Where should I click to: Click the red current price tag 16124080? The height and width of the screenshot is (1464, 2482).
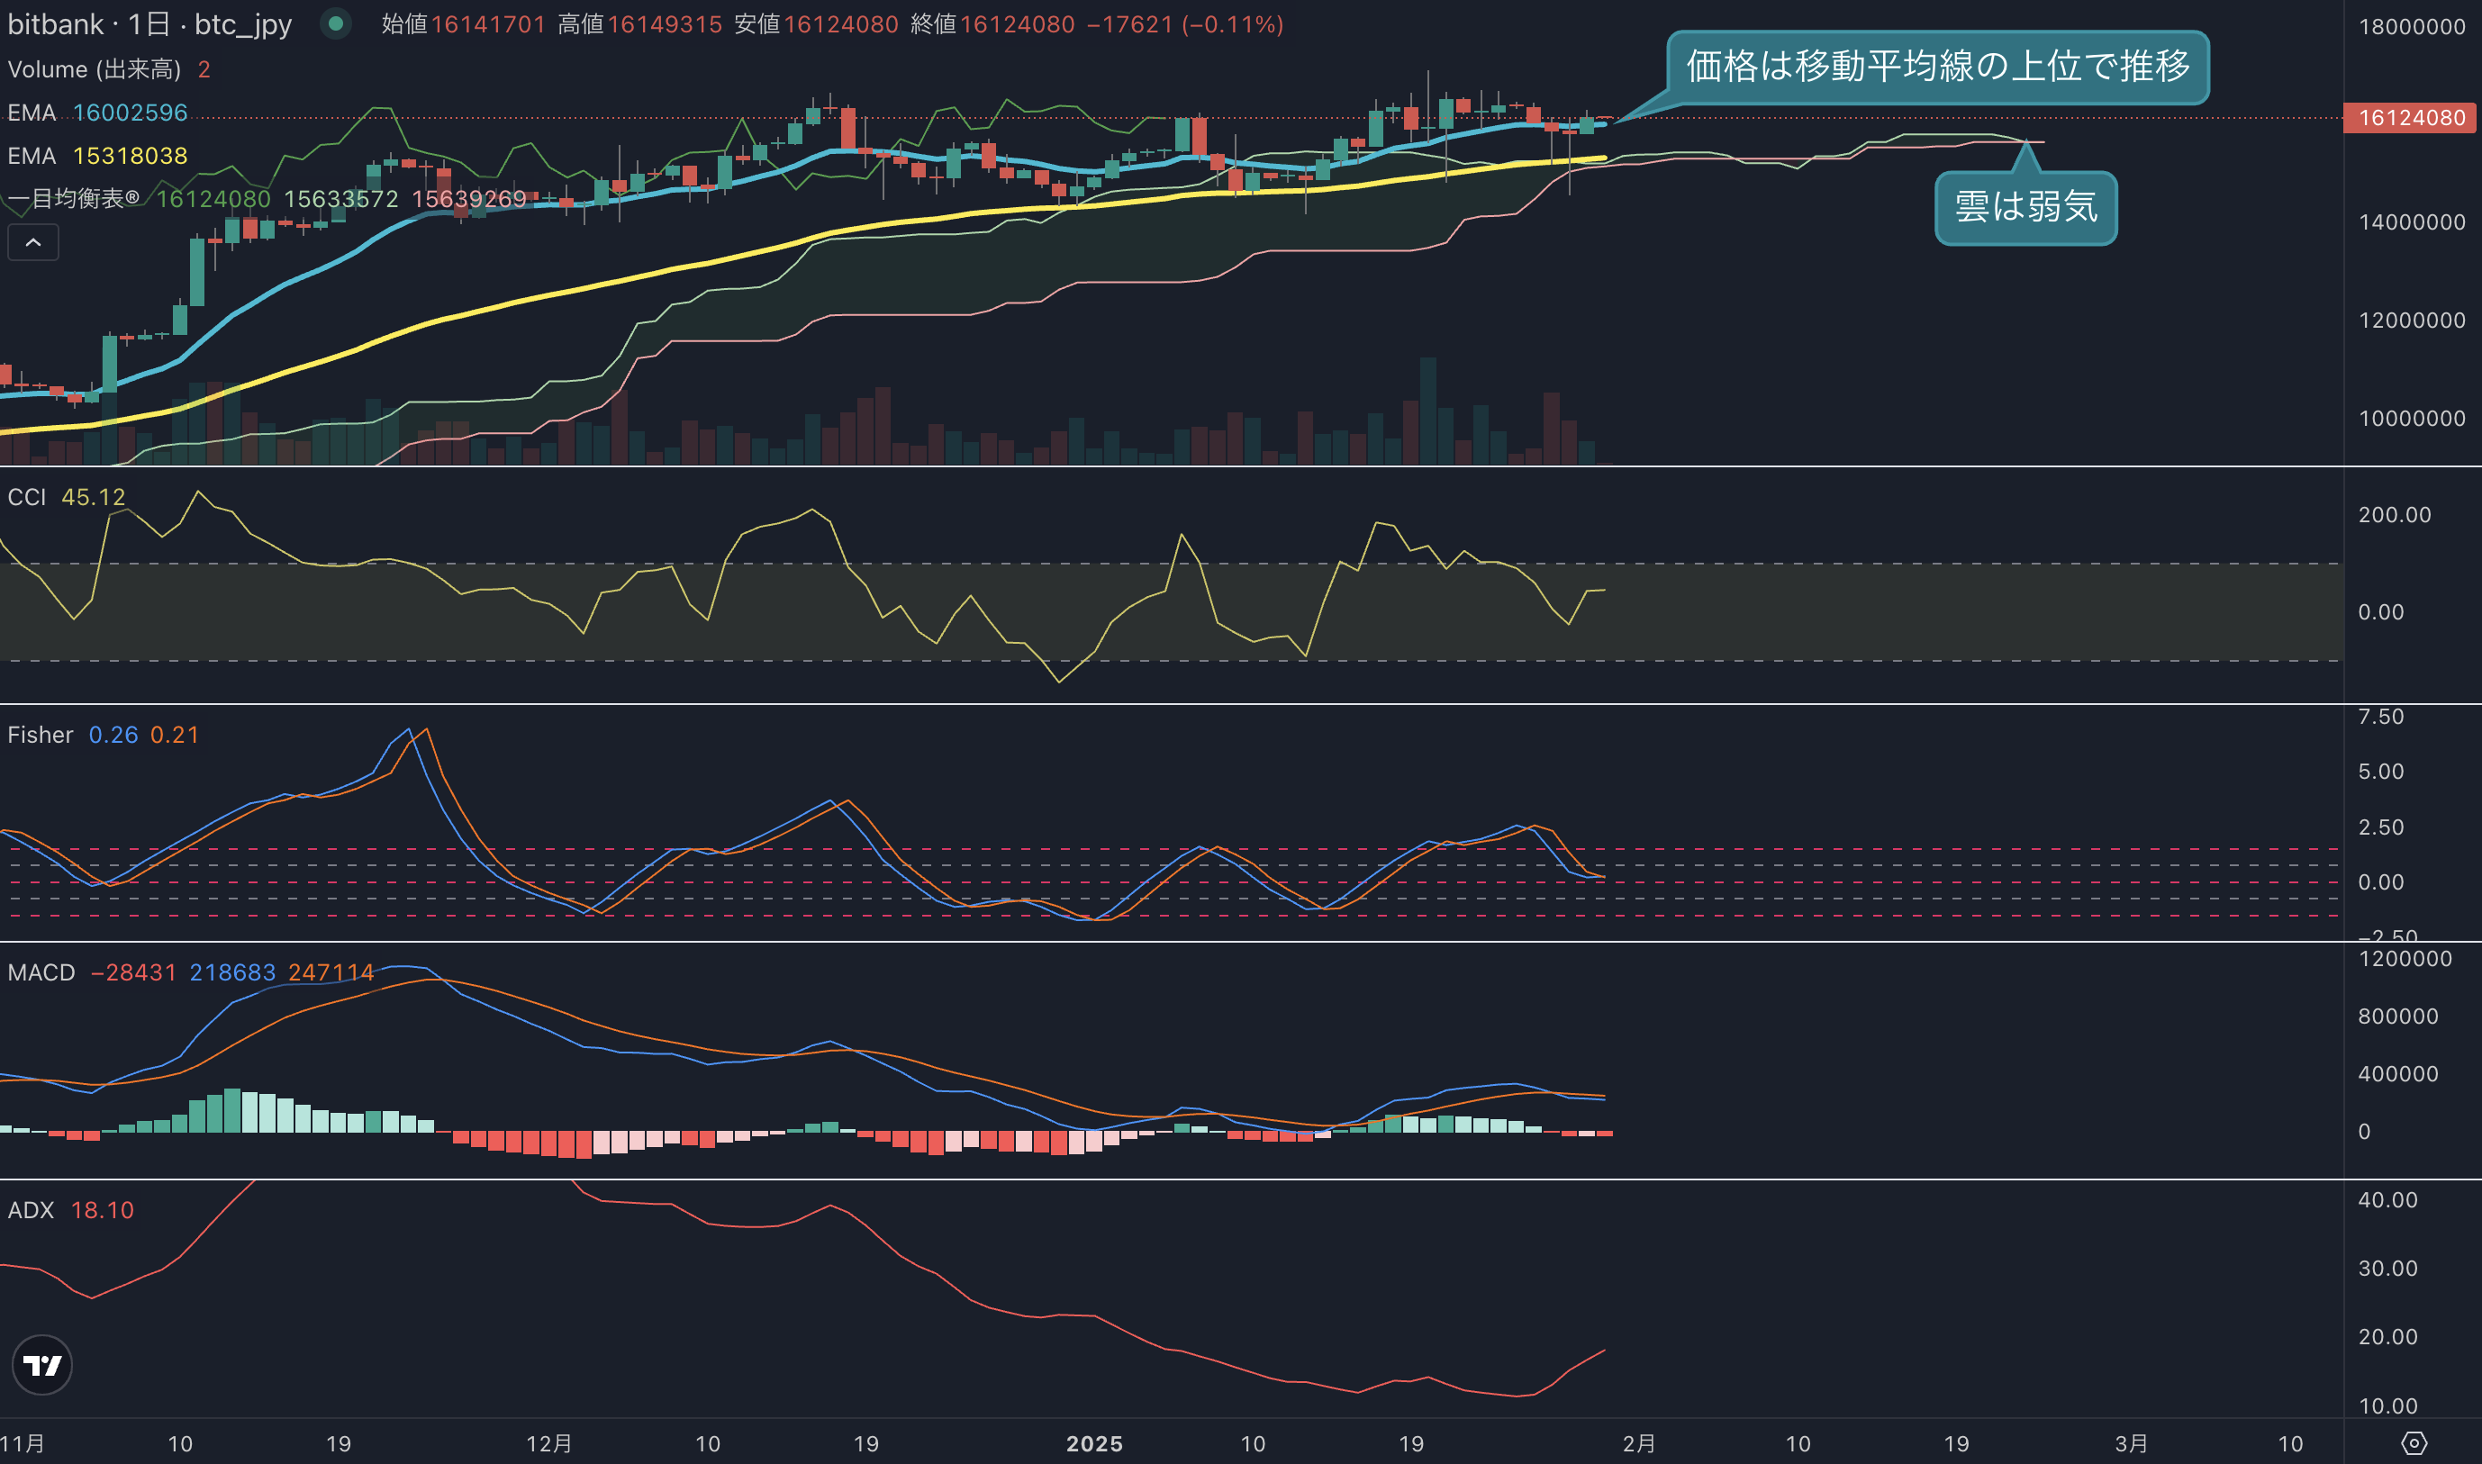point(2411,117)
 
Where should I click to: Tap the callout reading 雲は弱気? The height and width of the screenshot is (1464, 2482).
point(2026,207)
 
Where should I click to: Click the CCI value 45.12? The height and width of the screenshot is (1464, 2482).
point(94,497)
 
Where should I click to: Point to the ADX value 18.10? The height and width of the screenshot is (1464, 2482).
point(103,1210)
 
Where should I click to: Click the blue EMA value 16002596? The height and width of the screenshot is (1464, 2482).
point(131,113)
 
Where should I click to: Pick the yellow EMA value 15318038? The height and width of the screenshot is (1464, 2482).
point(131,156)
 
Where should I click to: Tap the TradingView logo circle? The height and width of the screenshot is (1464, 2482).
point(41,1365)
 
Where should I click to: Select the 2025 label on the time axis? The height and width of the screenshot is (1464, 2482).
point(1094,1444)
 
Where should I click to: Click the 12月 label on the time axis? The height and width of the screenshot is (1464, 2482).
point(548,1444)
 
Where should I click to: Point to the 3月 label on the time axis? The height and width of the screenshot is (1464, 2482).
point(2131,1444)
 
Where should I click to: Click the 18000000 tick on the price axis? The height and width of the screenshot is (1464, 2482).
point(2412,27)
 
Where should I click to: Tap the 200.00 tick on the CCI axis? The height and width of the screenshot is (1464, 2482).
point(2395,515)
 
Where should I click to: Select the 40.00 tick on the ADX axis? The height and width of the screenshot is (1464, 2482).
point(2387,1200)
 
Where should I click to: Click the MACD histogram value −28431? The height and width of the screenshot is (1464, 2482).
point(133,972)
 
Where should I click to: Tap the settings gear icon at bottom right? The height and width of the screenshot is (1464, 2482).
point(2413,1444)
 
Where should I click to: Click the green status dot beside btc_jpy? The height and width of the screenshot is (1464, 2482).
point(335,23)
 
